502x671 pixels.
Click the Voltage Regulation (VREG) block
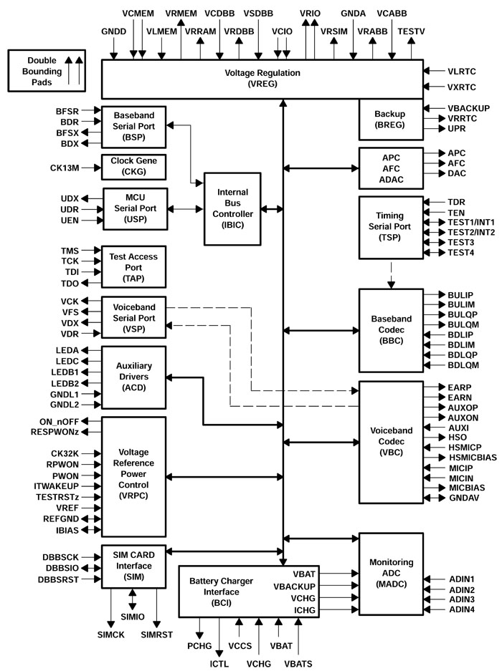(x=262, y=79)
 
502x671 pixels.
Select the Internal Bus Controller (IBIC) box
(x=232, y=209)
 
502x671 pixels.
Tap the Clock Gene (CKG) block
(x=134, y=166)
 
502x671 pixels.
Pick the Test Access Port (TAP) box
(x=134, y=266)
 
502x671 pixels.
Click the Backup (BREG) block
(x=389, y=120)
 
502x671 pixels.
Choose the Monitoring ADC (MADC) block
(x=389, y=574)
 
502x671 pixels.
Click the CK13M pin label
(x=65, y=168)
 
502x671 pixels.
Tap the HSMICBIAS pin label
(x=473, y=457)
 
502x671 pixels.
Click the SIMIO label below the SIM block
(x=132, y=617)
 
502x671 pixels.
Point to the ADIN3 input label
(x=462, y=599)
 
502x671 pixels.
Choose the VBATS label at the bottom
(x=298, y=664)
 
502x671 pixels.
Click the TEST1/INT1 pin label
(x=471, y=222)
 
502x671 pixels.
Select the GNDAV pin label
(x=463, y=497)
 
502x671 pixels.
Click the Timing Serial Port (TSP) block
(x=389, y=227)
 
